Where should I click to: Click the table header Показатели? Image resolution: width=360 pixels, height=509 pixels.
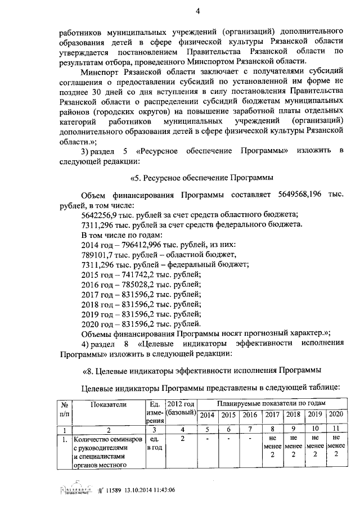pyautogui.click(x=107, y=404)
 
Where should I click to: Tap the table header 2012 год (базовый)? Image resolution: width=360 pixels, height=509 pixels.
pyautogui.click(x=181, y=409)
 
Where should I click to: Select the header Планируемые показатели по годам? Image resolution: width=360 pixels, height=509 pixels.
pyautogui.click(x=270, y=404)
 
